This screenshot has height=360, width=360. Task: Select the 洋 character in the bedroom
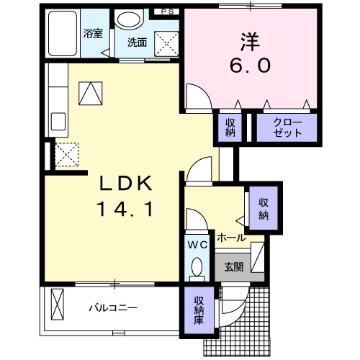click(x=251, y=40)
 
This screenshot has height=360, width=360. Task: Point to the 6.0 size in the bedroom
click(x=251, y=66)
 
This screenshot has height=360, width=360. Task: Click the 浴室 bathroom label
click(x=91, y=33)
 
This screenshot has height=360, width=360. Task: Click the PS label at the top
click(x=167, y=12)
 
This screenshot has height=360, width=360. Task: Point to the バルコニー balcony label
click(x=113, y=308)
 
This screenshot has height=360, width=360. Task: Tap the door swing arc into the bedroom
click(x=195, y=95)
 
